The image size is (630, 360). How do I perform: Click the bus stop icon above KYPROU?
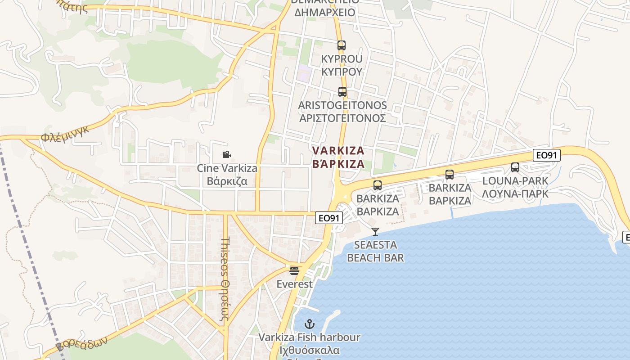tap(342, 45)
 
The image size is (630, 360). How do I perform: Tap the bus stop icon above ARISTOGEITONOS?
tap(342, 92)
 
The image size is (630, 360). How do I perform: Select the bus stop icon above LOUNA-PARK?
tap(515, 167)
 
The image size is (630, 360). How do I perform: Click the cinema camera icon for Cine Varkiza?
tap(227, 155)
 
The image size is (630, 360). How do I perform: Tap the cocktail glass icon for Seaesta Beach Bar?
tap(375, 232)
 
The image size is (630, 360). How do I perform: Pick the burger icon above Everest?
tap(294, 271)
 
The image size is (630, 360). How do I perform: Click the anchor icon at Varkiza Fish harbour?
tap(310, 324)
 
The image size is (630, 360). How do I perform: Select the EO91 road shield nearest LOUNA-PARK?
tap(547, 155)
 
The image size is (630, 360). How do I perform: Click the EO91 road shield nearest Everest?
tap(328, 218)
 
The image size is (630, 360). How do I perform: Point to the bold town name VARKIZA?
tap(338, 150)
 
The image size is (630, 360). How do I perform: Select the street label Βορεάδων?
tap(82, 343)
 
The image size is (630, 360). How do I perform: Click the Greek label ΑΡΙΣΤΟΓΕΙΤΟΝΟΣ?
tap(342, 118)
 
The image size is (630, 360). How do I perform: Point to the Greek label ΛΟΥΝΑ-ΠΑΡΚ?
tap(515, 194)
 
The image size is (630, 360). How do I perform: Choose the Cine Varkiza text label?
tap(227, 168)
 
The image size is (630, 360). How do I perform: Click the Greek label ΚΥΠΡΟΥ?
tap(342, 72)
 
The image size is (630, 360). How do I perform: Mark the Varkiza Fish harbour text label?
tap(310, 337)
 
